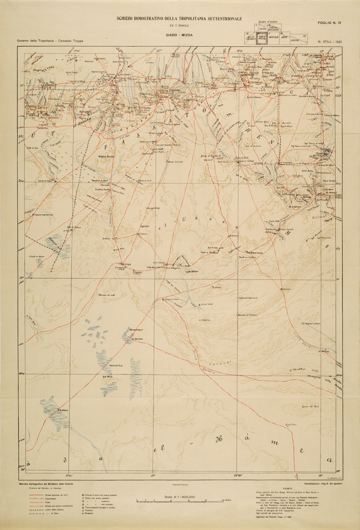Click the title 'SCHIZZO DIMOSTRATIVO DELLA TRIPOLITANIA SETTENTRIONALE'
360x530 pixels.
[180, 19]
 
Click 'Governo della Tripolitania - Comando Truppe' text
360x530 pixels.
[50, 41]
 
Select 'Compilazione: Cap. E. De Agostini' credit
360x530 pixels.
[320, 483]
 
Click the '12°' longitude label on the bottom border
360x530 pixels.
[153, 475]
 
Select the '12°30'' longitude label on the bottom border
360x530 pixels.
[238, 475]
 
